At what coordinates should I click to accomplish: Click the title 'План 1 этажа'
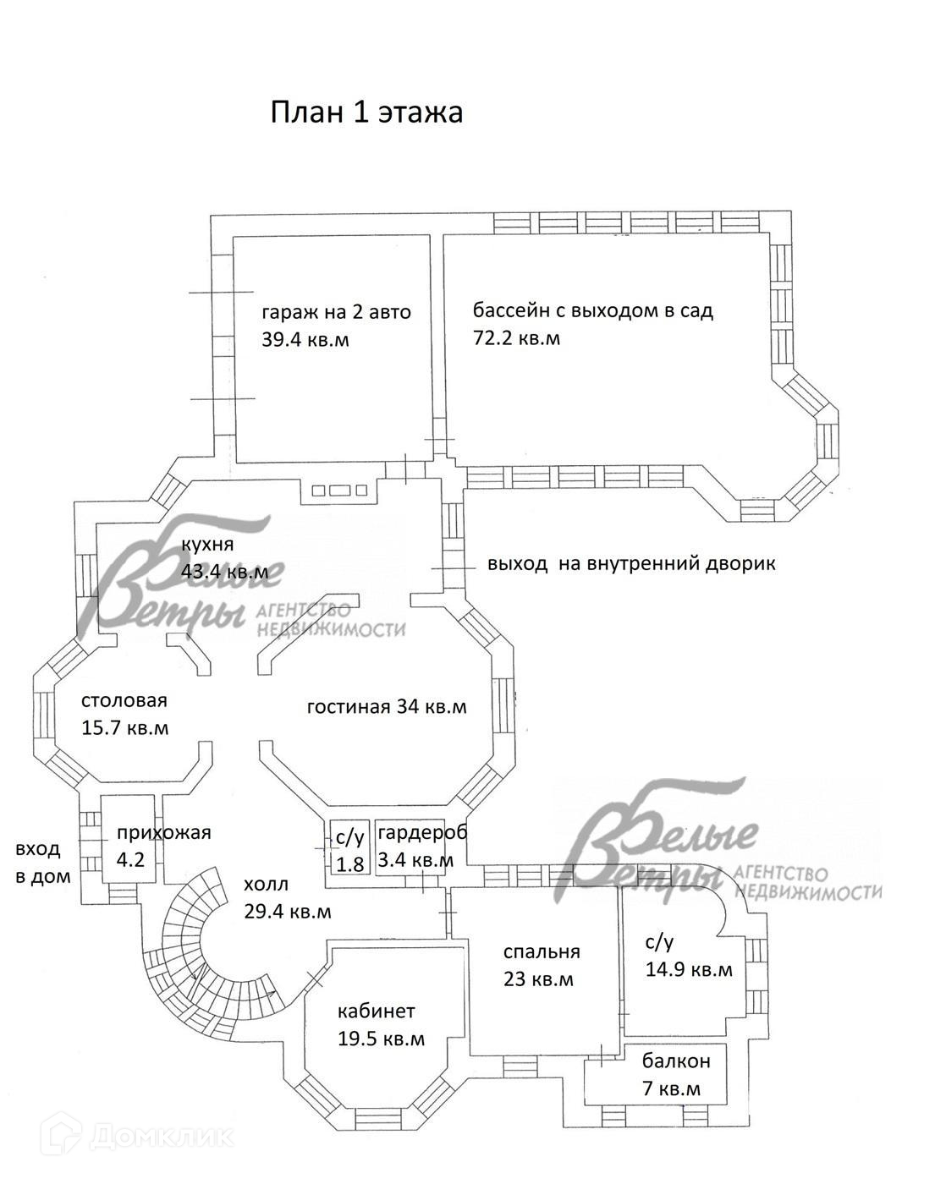pyautogui.click(x=366, y=112)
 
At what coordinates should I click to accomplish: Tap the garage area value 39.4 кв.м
pyautogui.click(x=305, y=340)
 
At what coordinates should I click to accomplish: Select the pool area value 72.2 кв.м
pyautogui.click(x=516, y=338)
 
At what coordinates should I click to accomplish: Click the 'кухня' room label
pyautogui.click(x=206, y=544)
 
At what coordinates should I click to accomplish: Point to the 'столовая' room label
pyautogui.click(x=124, y=701)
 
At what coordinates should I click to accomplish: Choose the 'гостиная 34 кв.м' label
pyautogui.click(x=387, y=707)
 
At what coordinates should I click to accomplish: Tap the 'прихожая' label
pyautogui.click(x=163, y=832)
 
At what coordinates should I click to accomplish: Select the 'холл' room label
pyautogui.click(x=266, y=885)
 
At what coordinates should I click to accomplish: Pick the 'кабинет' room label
pyautogui.click(x=376, y=1011)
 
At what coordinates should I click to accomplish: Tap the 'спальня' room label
pyautogui.click(x=542, y=952)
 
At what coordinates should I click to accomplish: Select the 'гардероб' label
pyautogui.click(x=422, y=833)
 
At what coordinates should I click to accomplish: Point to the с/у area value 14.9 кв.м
pyautogui.click(x=689, y=970)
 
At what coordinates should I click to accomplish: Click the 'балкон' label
pyautogui.click(x=675, y=1061)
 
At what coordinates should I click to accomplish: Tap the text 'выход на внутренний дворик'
pyautogui.click(x=630, y=564)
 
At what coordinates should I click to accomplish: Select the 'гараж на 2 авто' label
pyautogui.click(x=336, y=313)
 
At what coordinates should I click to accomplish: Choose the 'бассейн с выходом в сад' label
pyautogui.click(x=592, y=310)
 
